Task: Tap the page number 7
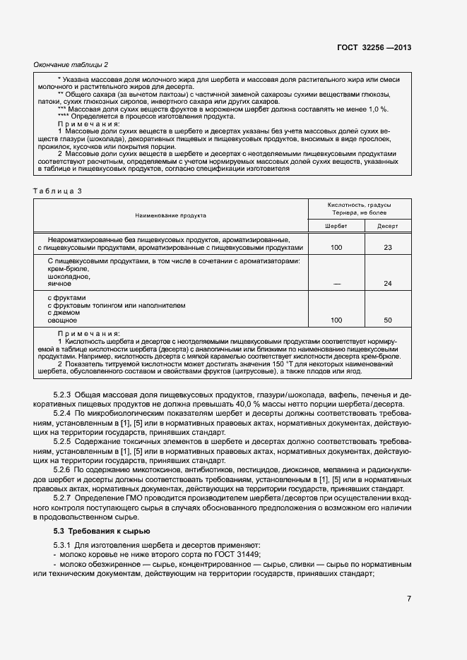click(x=408, y=599)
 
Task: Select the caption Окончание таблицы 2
click(x=71, y=65)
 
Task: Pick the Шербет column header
click(x=336, y=226)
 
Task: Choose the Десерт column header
click(x=387, y=226)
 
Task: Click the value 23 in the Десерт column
click(x=387, y=248)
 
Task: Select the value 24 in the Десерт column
click(x=387, y=284)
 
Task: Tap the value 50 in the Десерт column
click(x=387, y=320)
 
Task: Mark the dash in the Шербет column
click(x=336, y=284)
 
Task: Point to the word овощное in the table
click(x=62, y=320)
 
